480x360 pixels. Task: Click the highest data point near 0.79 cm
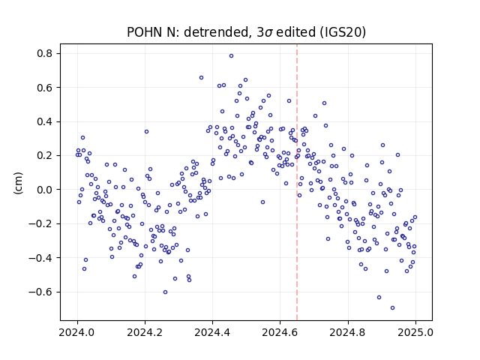[232, 55]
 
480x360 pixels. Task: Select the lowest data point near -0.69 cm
[392, 308]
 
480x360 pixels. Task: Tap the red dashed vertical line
[297, 182]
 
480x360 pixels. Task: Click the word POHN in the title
[145, 32]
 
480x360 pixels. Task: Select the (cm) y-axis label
[18, 183]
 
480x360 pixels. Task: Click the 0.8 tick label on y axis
[45, 53]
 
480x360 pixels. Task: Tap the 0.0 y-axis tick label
[45, 190]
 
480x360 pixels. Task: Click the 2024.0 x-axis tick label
[77, 332]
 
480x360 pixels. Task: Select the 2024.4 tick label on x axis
[212, 332]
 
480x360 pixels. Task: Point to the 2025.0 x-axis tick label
[415, 332]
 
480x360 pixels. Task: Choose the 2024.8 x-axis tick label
[348, 332]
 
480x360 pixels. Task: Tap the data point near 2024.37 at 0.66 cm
[202, 78]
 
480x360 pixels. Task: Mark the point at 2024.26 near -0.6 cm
[165, 292]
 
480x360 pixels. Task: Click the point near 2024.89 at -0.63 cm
[379, 297]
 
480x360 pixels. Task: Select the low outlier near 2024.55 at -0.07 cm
[262, 202]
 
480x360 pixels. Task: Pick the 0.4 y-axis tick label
[45, 121]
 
